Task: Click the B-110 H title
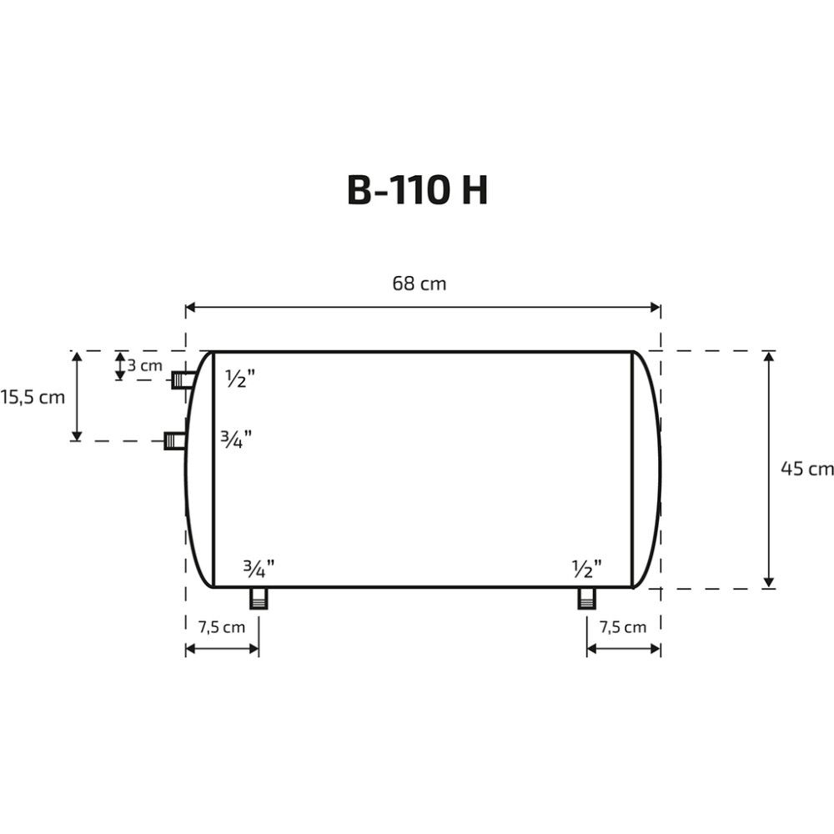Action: (417, 191)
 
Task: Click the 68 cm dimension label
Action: (420, 284)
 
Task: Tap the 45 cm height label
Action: (806, 469)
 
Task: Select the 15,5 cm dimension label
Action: (33, 397)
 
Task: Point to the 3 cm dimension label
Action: (144, 365)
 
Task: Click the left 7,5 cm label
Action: (222, 627)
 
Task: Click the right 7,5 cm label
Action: (623, 627)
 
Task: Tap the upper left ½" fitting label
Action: (240, 379)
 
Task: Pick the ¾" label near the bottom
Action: (259, 570)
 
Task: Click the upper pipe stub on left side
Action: (183, 380)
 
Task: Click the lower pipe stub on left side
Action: (176, 440)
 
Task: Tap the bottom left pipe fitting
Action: (259, 598)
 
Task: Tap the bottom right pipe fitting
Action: (587, 598)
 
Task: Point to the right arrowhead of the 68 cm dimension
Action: (655, 308)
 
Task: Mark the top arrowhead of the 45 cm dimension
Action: (769, 357)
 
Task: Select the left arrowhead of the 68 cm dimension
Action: (191, 308)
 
